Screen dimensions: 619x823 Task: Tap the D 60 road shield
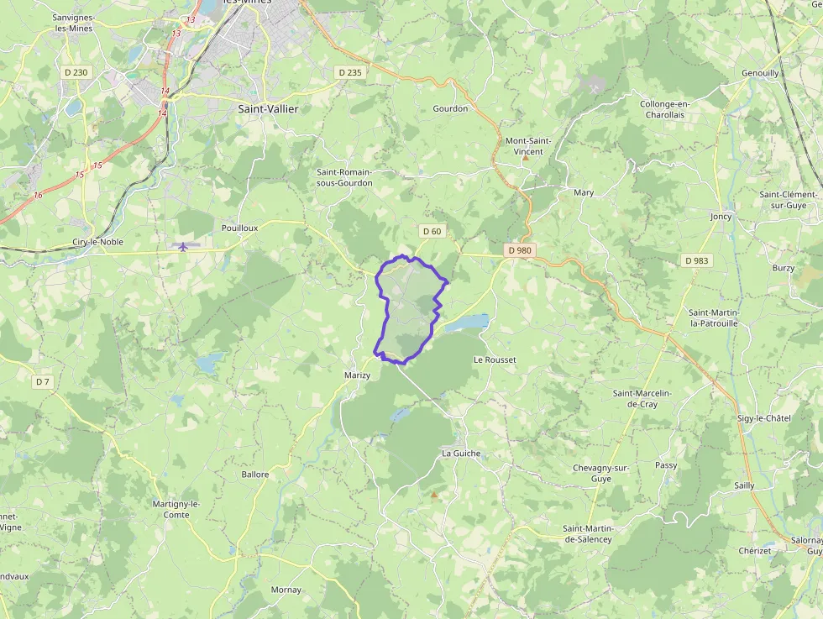432,231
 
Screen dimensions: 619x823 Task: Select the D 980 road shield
520,250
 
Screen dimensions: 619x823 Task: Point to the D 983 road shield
696,260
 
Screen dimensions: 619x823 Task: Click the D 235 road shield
349,72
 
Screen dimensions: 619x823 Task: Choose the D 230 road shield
76,72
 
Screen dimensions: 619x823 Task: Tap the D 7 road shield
43,382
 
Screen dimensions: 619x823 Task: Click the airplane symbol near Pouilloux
182,246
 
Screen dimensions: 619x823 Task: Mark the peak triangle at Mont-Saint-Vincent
526,157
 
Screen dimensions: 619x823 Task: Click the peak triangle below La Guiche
434,495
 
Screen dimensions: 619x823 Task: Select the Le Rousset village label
495,359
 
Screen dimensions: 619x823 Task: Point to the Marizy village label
357,375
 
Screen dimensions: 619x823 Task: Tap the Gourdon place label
450,108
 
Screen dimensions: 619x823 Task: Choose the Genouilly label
760,73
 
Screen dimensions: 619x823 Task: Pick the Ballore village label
255,475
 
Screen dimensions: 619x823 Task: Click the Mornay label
286,590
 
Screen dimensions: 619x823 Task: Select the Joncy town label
721,216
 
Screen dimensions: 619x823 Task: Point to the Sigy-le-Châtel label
763,418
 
